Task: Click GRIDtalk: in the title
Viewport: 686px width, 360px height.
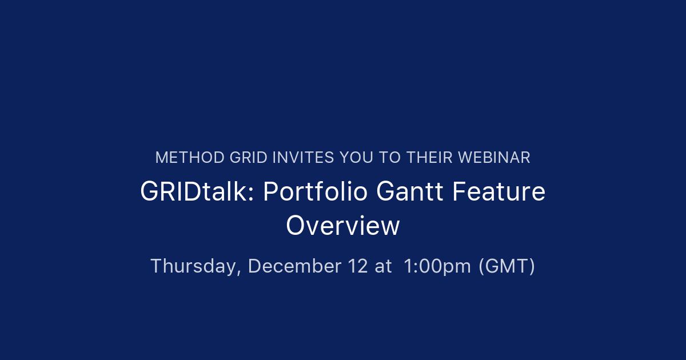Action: tap(197, 192)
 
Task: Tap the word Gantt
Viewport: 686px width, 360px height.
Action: tap(410, 192)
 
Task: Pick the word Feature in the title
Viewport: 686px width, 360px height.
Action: tap(498, 192)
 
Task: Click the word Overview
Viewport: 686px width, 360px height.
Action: tap(343, 225)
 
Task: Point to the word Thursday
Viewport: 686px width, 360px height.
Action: tap(194, 266)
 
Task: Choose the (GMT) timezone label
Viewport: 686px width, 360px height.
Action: tap(507, 266)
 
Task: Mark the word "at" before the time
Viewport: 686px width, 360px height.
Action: tap(384, 266)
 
